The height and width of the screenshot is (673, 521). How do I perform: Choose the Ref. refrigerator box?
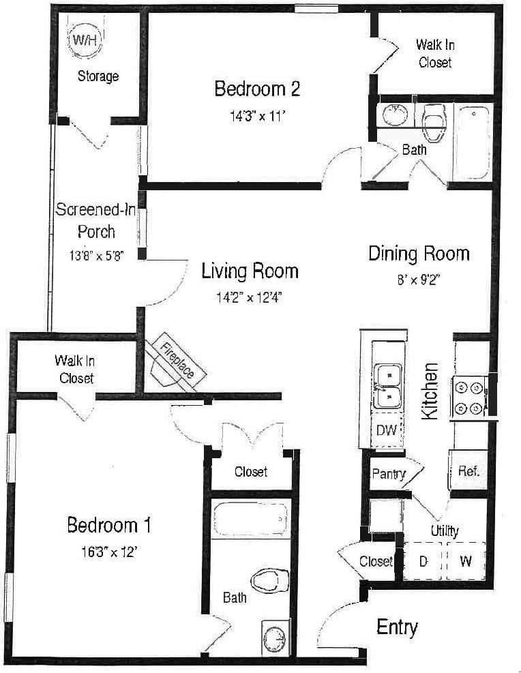click(468, 470)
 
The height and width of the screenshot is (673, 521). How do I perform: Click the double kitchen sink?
click(387, 385)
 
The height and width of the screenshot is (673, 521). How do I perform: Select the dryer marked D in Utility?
click(423, 561)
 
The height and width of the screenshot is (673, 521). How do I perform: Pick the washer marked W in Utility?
click(466, 561)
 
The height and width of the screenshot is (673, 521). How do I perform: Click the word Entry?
click(397, 627)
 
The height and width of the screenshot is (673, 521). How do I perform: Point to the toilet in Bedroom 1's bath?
click(268, 582)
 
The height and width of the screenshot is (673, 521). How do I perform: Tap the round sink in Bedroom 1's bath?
click(276, 638)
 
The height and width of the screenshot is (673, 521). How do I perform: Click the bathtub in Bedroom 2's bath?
click(471, 142)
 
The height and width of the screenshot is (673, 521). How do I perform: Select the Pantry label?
click(389, 473)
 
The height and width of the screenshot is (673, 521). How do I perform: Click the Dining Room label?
click(419, 254)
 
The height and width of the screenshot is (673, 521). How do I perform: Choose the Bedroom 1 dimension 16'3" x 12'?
click(108, 552)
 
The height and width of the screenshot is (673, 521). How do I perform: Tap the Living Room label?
click(250, 271)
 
